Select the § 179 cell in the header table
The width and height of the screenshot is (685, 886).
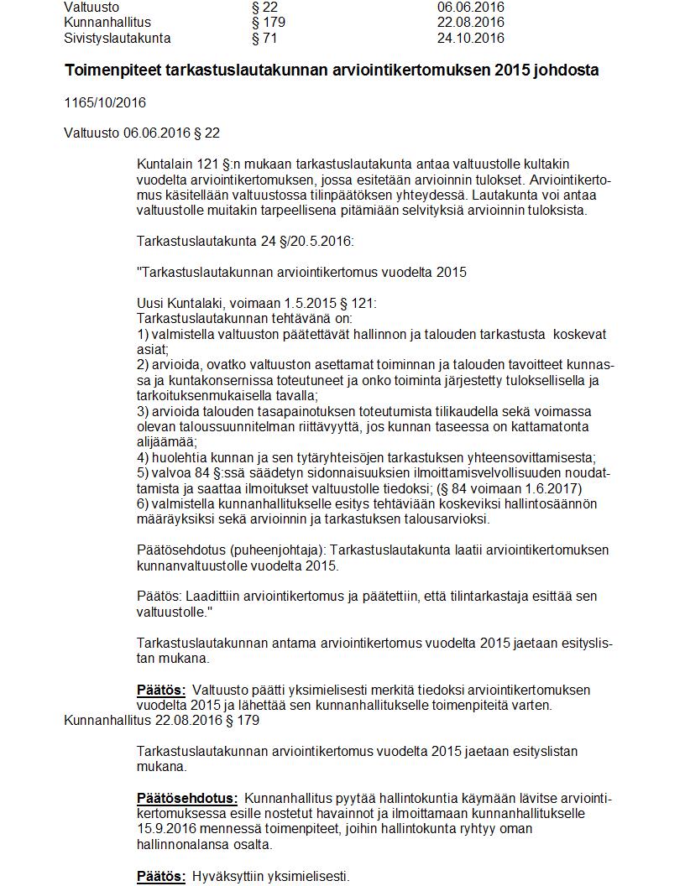pyautogui.click(x=269, y=23)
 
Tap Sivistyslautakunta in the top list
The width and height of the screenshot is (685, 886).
pyautogui.click(x=118, y=39)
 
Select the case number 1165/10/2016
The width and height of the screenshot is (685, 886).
pyautogui.click(x=105, y=102)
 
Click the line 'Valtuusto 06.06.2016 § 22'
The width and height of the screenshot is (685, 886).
pyautogui.click(x=142, y=133)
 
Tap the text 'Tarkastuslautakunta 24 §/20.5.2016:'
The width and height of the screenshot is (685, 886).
pyautogui.click(x=245, y=242)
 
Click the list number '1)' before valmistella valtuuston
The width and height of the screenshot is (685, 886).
pyautogui.click(x=143, y=335)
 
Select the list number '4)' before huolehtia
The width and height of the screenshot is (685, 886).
pyautogui.click(x=143, y=458)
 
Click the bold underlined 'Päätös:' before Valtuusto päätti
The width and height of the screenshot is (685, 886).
pyautogui.click(x=161, y=690)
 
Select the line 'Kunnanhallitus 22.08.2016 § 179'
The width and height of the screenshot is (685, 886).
pyautogui.click(x=161, y=721)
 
